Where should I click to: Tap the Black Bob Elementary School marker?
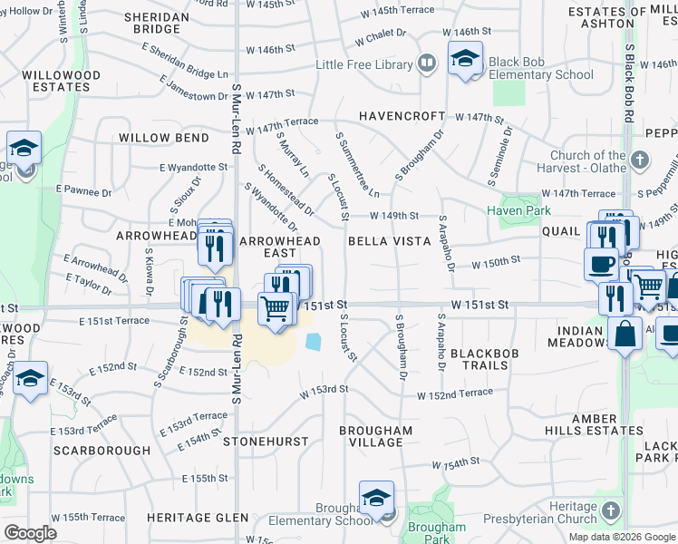(x=465, y=60)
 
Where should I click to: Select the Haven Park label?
(x=518, y=210)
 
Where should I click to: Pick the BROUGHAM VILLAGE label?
(x=376, y=436)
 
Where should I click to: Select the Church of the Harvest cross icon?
(x=640, y=161)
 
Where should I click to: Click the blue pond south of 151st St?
(x=314, y=342)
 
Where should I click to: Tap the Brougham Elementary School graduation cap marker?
(x=376, y=499)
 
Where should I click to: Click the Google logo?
(x=31, y=533)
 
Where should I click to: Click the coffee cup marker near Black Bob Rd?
(x=600, y=264)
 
